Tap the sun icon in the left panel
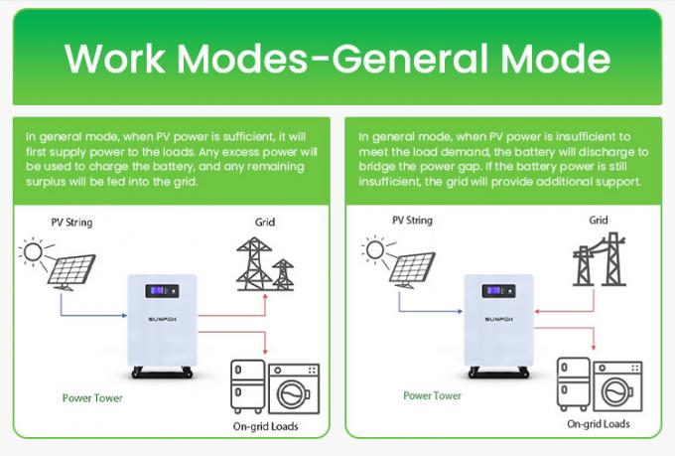pyautogui.click(x=33, y=254)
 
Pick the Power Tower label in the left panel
pyautogui.click(x=92, y=398)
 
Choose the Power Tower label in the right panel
pyautogui.click(x=432, y=395)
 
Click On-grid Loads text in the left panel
pyautogui.click(x=264, y=428)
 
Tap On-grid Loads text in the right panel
pyautogui.click(x=599, y=423)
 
